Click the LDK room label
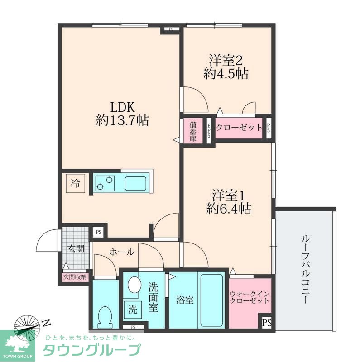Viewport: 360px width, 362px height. (x=122, y=107)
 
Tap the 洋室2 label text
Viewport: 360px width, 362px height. (x=226, y=60)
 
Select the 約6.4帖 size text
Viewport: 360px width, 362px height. (x=229, y=209)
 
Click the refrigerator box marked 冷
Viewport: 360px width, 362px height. (x=75, y=183)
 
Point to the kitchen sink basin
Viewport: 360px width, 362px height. (x=135, y=184)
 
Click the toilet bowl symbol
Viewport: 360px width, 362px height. (x=106, y=317)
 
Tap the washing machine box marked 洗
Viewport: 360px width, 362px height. (x=133, y=310)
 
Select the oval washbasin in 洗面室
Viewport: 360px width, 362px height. (x=134, y=285)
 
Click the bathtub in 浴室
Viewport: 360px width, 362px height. (x=211, y=300)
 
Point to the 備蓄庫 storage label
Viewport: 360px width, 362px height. (x=193, y=131)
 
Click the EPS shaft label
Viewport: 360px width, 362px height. (x=209, y=131)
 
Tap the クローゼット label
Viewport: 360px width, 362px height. (x=239, y=128)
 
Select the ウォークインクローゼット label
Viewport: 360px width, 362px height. (x=250, y=297)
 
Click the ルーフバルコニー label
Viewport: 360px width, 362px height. (x=305, y=269)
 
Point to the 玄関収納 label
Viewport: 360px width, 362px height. (x=75, y=277)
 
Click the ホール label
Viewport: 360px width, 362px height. (x=122, y=252)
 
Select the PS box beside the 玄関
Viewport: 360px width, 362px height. (x=99, y=232)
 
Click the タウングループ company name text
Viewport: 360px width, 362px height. (x=92, y=350)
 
